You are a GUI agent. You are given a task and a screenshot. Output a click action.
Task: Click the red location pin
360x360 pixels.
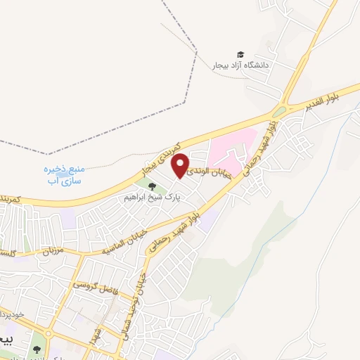point(181,165)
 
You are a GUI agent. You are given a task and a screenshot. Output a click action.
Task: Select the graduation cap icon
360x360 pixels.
point(240,55)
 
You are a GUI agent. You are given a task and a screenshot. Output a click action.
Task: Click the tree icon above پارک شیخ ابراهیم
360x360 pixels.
point(152,186)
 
